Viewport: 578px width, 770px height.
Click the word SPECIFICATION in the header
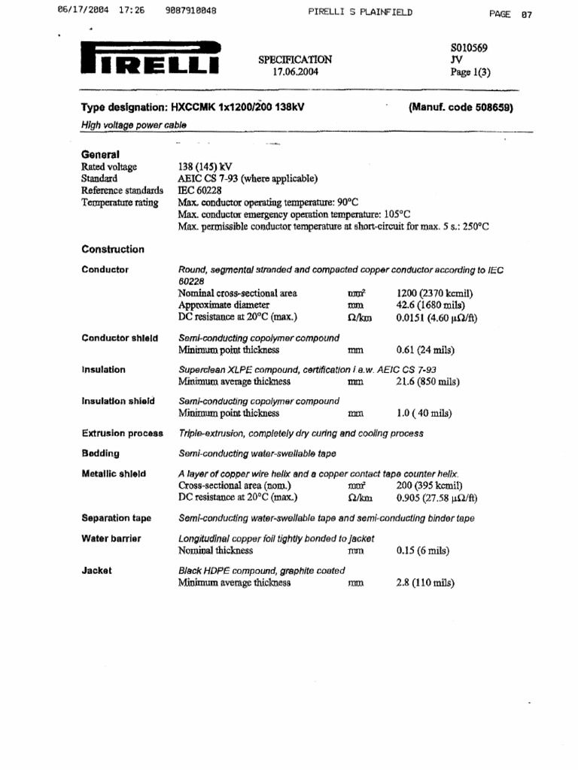point(295,59)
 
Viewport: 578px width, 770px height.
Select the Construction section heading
point(113,250)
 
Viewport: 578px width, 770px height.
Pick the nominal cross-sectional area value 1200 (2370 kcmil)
point(435,293)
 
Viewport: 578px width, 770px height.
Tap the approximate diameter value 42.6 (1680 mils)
point(430,305)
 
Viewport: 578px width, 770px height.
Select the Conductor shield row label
point(120,338)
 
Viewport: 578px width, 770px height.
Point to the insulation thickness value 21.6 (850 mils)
point(427,382)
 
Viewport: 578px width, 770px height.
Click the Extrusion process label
point(122,434)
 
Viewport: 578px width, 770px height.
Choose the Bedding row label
point(100,454)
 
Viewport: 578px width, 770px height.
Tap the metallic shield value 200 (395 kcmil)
point(429,486)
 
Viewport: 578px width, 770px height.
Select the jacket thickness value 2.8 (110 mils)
point(425,583)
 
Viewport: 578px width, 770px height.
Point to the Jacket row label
point(96,571)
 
